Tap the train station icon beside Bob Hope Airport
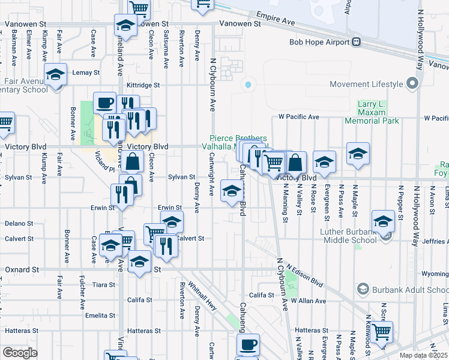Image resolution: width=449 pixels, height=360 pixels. pyautogui.click(x=356, y=42)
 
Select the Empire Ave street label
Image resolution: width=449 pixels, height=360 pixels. pyautogui.click(x=275, y=20)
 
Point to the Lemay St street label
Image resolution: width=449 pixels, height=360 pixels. pyautogui.click(x=86, y=73)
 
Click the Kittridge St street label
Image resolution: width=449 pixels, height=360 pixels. pyautogui.click(x=143, y=85)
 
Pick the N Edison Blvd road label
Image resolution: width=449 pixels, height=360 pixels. pyautogui.click(x=304, y=275)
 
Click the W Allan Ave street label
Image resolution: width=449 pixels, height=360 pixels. pyautogui.click(x=308, y=300)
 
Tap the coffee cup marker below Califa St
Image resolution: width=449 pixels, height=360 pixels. pyautogui.click(x=248, y=346)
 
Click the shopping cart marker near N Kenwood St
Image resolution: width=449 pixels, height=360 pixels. pyautogui.click(x=382, y=331)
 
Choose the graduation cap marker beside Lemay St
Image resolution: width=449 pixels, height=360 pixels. pyautogui.click(x=55, y=75)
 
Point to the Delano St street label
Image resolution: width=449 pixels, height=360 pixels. pyautogui.click(x=14, y=223)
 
